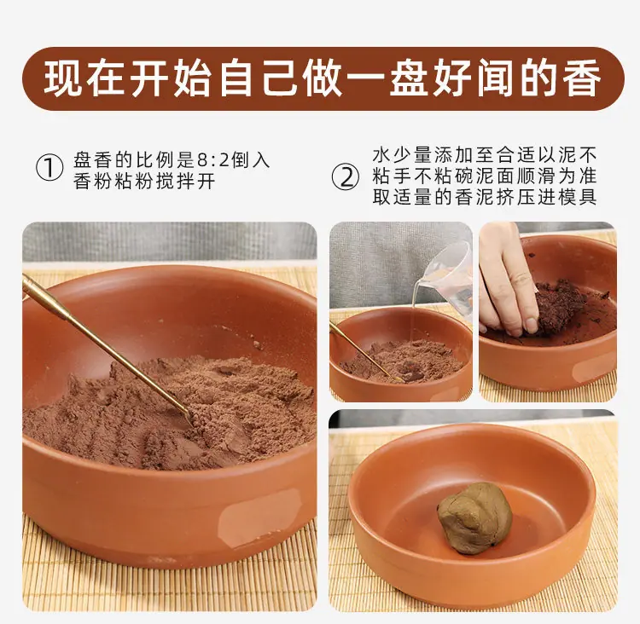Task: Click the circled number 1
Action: click(49, 168)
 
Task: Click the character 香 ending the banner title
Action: click(581, 78)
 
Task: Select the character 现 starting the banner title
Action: click(64, 78)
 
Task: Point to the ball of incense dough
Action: click(474, 518)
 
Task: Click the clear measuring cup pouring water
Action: click(450, 277)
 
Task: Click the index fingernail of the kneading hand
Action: click(532, 326)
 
